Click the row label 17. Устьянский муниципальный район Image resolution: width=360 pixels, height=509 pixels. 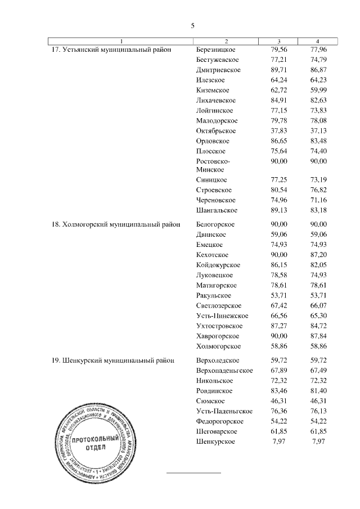[x=111, y=49]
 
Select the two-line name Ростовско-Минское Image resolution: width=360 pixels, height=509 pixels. [x=213, y=165]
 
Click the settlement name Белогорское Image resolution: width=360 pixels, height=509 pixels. [x=216, y=224]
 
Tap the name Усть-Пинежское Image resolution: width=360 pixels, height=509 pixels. [x=222, y=316]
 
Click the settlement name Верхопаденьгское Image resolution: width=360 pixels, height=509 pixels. [x=224, y=370]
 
